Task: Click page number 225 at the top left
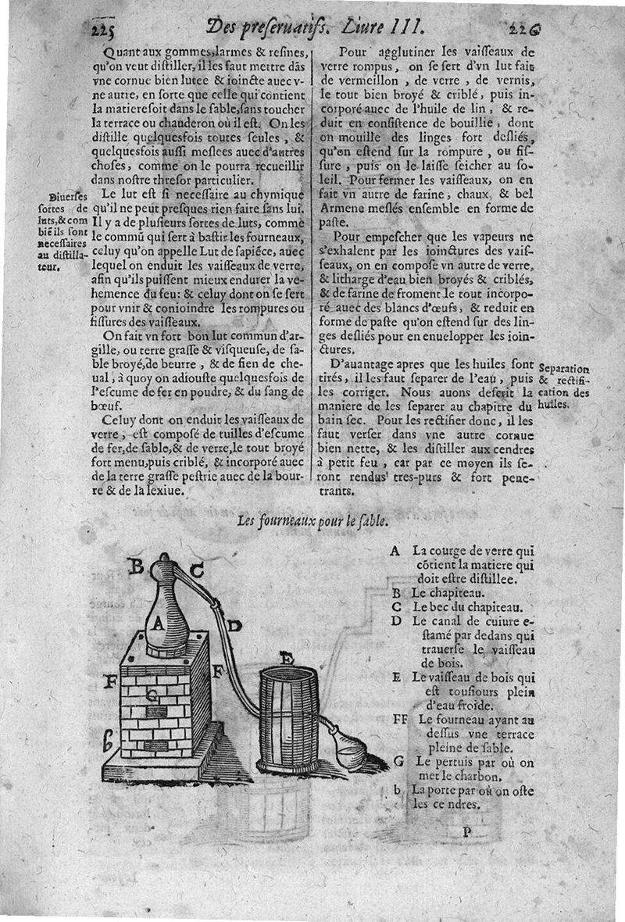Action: (102, 30)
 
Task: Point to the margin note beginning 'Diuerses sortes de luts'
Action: (62, 230)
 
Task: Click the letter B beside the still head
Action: (135, 566)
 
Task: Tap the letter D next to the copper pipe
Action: (235, 625)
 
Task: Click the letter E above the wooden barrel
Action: (286, 659)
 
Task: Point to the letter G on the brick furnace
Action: (154, 692)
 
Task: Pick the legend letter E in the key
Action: (397, 677)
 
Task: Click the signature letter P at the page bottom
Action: (466, 831)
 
